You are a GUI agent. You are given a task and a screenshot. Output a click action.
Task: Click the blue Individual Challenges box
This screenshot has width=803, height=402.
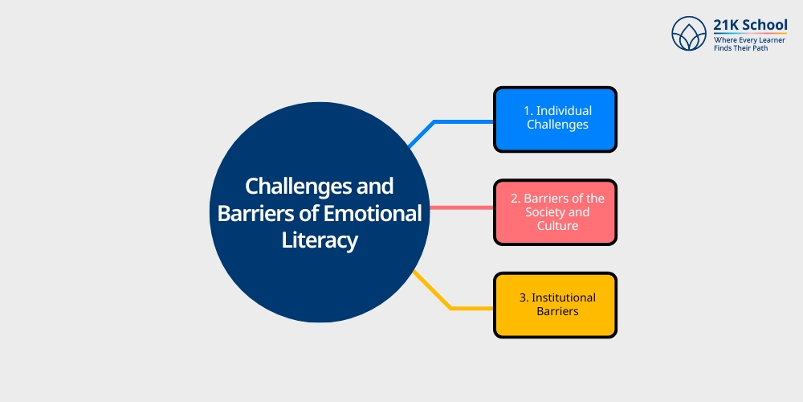(x=555, y=120)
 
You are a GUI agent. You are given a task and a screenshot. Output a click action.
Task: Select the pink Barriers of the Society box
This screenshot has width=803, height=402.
(x=555, y=212)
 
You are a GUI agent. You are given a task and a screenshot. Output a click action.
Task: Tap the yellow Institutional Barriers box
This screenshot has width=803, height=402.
(x=555, y=305)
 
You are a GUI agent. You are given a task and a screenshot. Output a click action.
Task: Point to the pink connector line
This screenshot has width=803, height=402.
(x=462, y=207)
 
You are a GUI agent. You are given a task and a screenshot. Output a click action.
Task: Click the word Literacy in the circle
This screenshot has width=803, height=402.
(x=319, y=241)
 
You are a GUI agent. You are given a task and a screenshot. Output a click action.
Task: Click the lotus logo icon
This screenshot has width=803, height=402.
(x=689, y=33)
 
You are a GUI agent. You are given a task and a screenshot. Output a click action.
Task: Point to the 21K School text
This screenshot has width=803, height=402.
(x=750, y=25)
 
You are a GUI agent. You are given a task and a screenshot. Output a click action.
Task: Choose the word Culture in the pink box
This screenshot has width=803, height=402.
(x=557, y=226)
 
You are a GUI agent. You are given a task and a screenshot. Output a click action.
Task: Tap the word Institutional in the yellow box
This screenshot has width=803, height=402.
(x=564, y=297)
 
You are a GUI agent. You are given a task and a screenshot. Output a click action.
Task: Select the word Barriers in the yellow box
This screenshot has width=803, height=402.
(x=557, y=311)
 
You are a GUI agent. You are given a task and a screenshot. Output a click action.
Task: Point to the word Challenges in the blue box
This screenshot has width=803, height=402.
(x=557, y=125)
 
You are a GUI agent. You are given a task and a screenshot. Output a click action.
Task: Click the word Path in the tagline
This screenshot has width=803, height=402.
(x=760, y=47)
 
